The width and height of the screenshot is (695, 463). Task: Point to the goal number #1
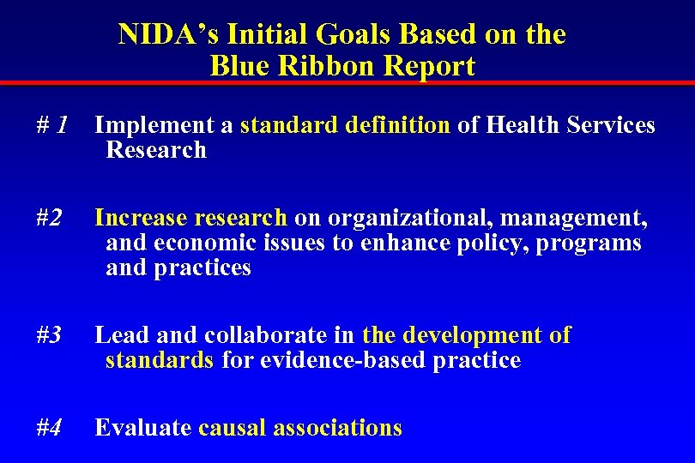click(53, 125)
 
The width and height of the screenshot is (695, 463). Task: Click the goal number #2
click(50, 219)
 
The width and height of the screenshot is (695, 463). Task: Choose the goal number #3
click(50, 335)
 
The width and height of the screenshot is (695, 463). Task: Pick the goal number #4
click(50, 427)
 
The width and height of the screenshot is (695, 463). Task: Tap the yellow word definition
click(398, 125)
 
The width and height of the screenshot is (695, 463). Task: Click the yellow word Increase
click(142, 219)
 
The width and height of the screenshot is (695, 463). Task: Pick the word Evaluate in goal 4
click(142, 427)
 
